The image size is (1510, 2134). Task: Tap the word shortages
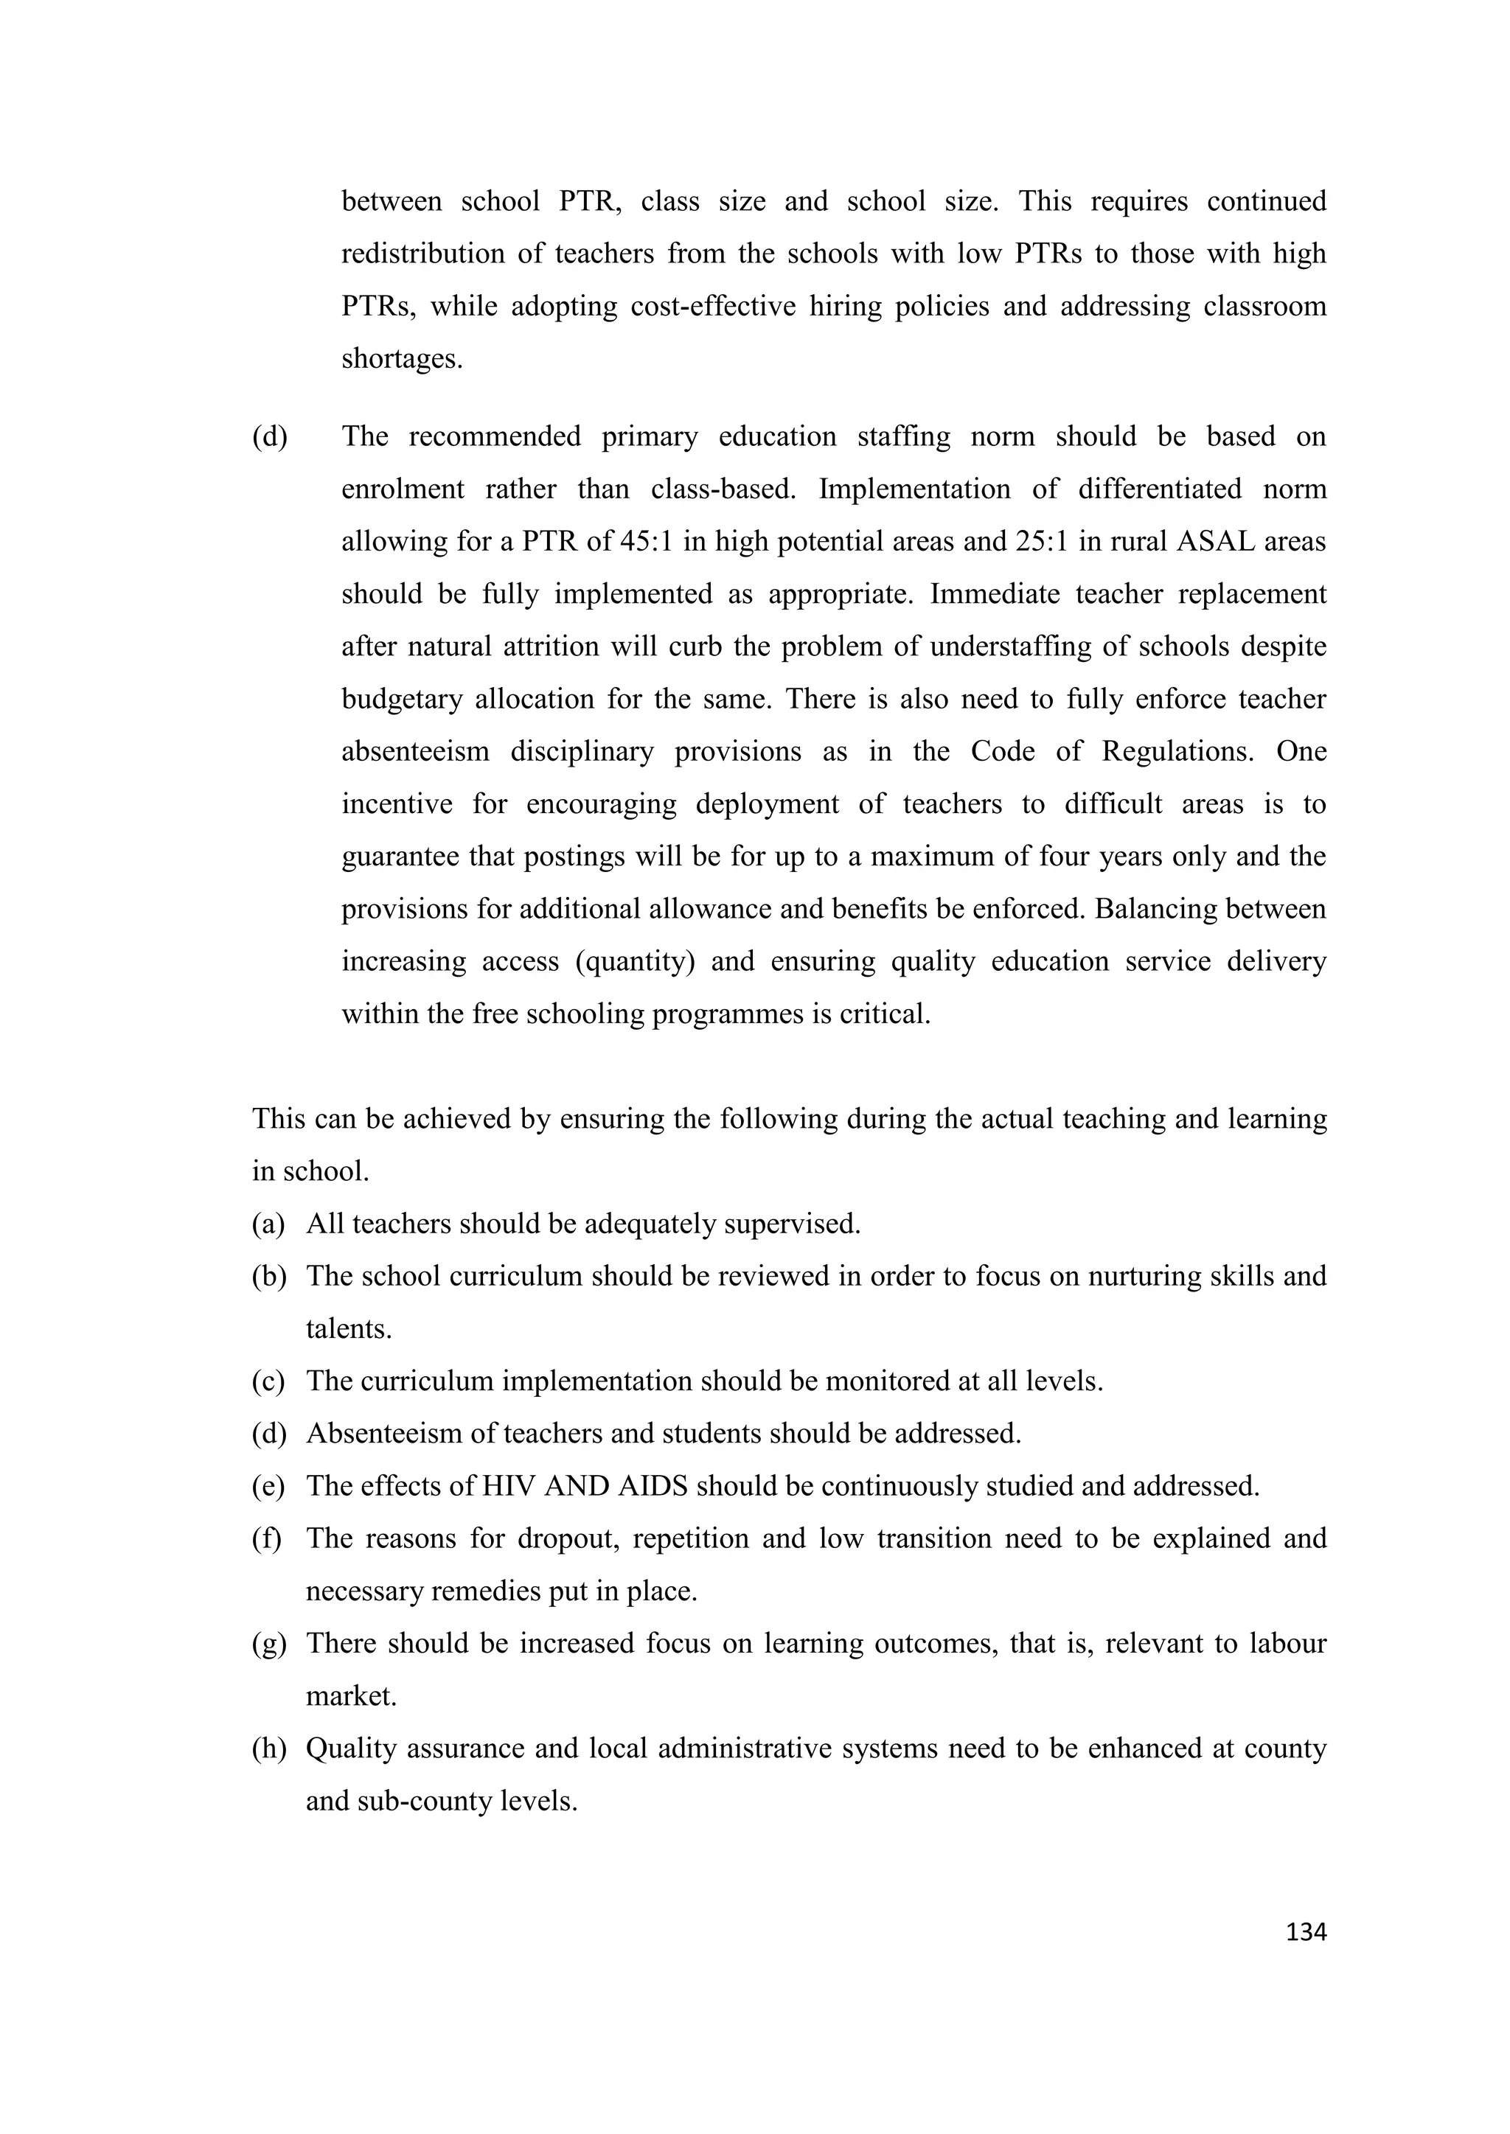tap(402, 359)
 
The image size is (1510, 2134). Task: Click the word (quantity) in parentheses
tap(635, 961)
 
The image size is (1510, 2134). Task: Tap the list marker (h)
tap(268, 1748)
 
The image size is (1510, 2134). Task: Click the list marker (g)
tap(268, 1643)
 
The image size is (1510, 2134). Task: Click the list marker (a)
tap(268, 1224)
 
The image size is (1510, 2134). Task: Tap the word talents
tap(349, 1329)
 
